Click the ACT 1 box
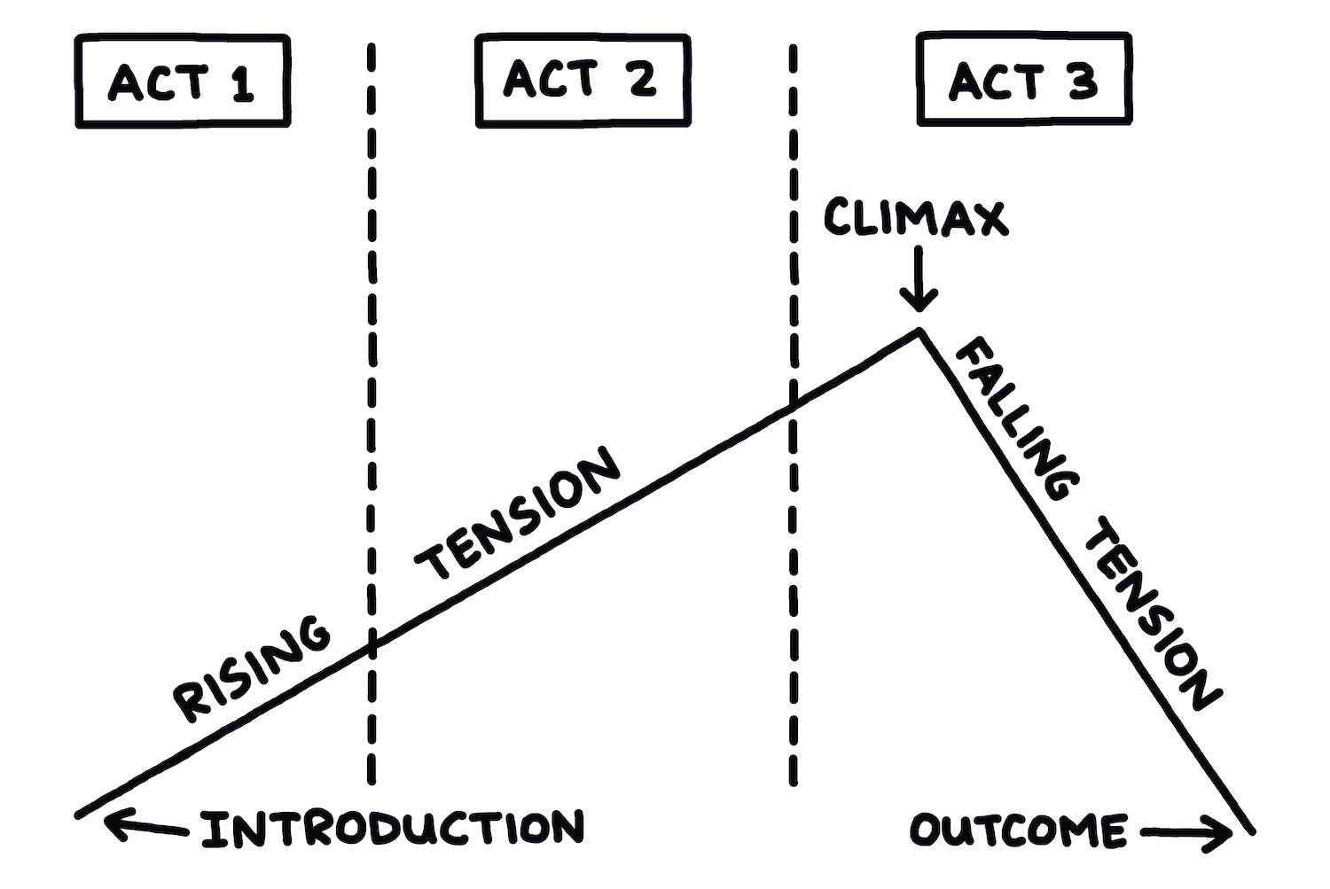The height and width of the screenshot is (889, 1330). click(183, 82)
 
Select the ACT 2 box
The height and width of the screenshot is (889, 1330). click(583, 80)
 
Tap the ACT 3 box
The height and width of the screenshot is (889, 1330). click(1023, 80)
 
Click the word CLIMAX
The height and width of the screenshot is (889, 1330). click(916, 217)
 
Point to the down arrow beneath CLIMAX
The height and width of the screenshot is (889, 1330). click(919, 279)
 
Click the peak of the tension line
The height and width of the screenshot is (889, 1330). click(920, 331)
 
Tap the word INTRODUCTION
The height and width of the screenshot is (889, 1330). click(393, 829)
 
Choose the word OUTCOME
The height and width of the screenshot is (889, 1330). click(1018, 831)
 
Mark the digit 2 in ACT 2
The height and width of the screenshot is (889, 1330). click(639, 79)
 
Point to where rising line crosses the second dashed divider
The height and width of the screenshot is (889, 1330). click(793, 405)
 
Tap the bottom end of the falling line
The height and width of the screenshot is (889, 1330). click(1251, 831)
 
